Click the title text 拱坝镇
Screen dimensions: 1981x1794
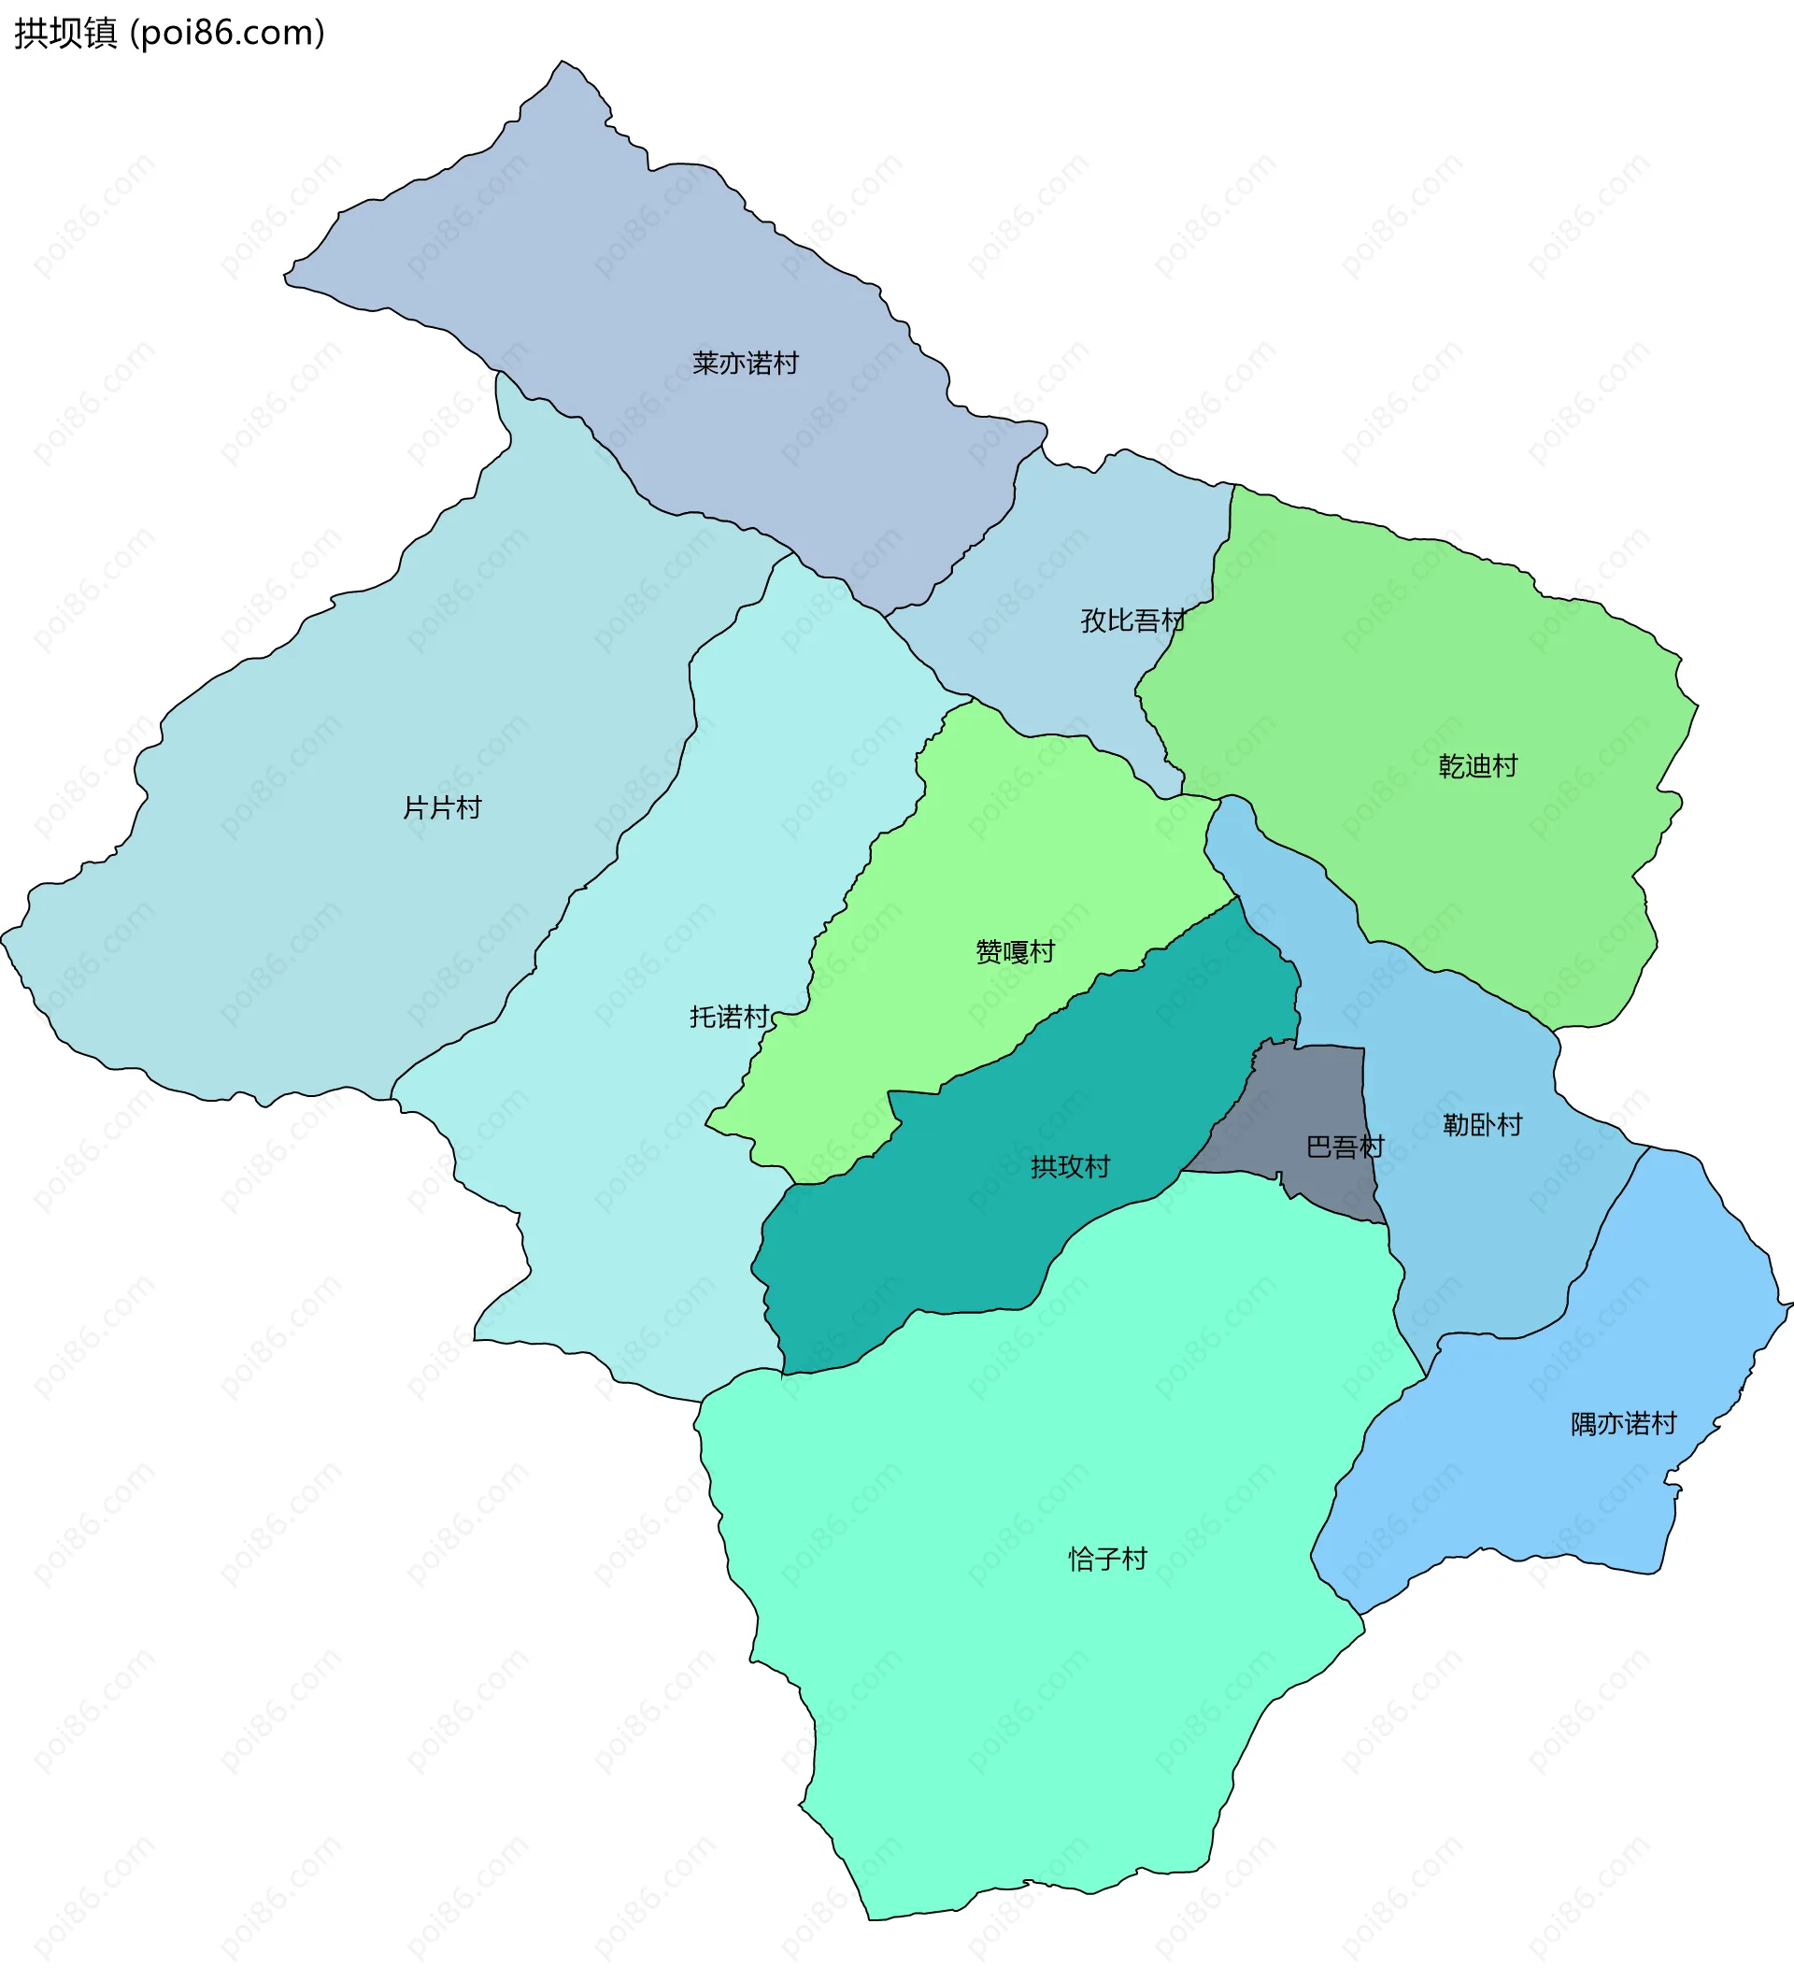64,34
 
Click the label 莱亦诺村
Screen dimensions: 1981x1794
745,363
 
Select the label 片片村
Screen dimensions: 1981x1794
442,807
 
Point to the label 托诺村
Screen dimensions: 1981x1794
729,1016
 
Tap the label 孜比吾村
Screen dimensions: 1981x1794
1132,620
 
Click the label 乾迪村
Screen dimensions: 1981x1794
1477,765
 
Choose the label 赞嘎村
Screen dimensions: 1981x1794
1015,951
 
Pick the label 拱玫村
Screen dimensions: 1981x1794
1070,1166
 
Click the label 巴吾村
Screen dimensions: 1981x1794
1345,1147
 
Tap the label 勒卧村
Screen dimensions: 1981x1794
1482,1124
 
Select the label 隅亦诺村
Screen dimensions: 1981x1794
1623,1424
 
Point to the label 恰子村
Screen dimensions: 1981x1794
1107,1560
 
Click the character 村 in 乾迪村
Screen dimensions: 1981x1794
1505,765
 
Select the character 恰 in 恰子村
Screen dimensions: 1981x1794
1081,1560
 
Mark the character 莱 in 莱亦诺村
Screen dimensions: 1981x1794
705,363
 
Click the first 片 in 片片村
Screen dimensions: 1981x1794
416,807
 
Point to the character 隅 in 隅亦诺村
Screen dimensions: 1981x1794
1584,1424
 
